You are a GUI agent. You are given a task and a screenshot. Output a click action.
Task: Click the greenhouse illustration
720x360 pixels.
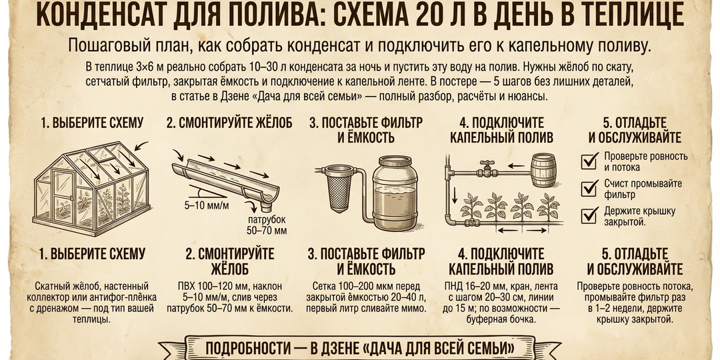click(83, 187)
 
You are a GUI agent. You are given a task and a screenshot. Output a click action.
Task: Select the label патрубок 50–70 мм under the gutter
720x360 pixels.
click(267, 225)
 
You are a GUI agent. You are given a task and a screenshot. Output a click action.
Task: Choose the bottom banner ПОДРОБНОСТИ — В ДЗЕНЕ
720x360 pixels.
click(360, 349)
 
